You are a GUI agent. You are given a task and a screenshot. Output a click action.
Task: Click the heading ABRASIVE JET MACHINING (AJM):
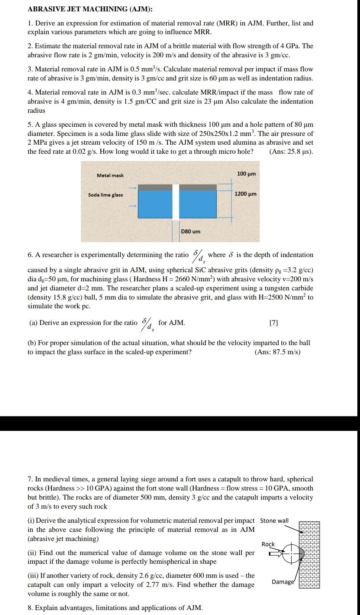click(x=90, y=9)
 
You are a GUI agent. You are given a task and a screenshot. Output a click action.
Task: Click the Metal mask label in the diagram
click(x=110, y=175)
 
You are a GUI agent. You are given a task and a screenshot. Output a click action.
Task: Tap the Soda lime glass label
click(x=105, y=195)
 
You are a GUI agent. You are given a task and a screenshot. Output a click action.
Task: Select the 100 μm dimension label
click(x=246, y=173)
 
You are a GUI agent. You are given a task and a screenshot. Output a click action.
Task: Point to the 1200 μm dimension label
click(x=245, y=194)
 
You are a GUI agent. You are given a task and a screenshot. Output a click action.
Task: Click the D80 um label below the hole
click(x=191, y=231)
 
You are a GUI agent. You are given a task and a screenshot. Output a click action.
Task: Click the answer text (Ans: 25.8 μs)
click(x=291, y=151)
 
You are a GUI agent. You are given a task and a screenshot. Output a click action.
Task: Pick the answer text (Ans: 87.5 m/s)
click(x=278, y=352)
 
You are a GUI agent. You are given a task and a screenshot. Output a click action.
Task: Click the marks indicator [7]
click(x=273, y=323)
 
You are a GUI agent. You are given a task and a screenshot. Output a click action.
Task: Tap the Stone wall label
click(x=274, y=520)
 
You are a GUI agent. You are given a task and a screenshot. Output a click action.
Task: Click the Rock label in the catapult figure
click(x=268, y=544)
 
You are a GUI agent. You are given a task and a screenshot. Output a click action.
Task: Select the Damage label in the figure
click(x=283, y=582)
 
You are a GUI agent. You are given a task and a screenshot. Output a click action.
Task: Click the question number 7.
click(x=30, y=479)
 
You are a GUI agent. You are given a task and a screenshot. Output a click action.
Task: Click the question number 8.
click(x=30, y=608)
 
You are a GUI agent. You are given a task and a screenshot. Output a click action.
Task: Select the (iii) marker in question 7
click(x=33, y=576)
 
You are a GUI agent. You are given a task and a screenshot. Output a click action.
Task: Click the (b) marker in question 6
click(x=32, y=343)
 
